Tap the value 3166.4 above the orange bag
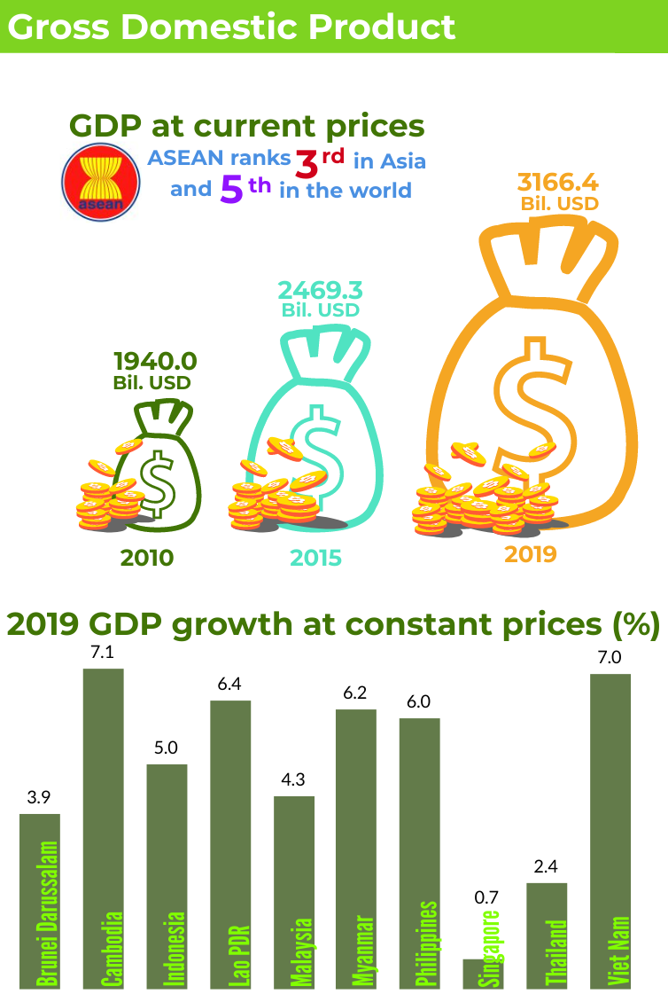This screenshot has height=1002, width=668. pos(558,184)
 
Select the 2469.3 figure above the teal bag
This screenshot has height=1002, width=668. pos(320,290)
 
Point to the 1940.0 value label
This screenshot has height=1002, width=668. pos(154,362)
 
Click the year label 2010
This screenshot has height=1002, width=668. pos(147,558)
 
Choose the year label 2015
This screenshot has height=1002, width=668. pos(315,558)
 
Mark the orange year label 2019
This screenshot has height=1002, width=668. pos(530,555)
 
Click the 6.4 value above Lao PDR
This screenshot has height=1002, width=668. pos(229,684)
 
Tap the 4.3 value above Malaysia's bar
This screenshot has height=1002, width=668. pos(293,779)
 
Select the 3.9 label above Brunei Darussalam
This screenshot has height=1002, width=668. pos(39,797)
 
